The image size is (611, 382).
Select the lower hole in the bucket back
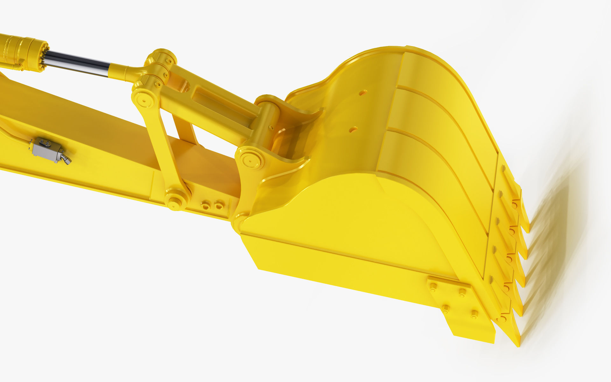click(x=353, y=129)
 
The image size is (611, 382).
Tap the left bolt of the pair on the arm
click(x=206, y=205)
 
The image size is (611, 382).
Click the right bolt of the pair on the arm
click(x=219, y=205)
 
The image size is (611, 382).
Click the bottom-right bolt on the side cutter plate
click(x=474, y=315)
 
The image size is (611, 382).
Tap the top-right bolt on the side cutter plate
click(x=462, y=292)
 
